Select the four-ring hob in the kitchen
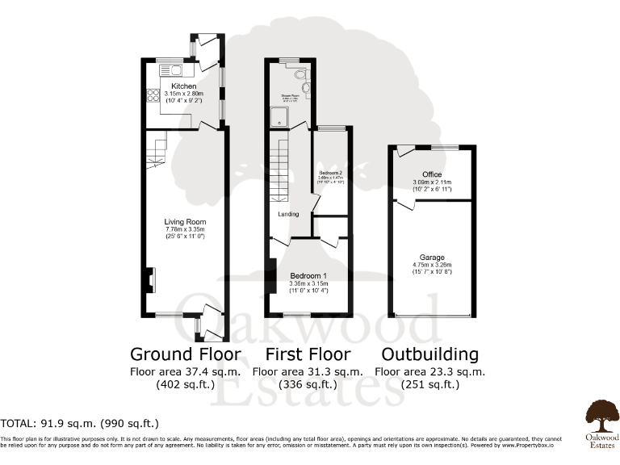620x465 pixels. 152,97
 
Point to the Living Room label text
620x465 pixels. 185,221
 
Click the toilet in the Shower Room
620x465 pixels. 300,77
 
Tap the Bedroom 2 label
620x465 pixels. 330,173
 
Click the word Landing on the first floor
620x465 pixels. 288,214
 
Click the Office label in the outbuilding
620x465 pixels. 432,174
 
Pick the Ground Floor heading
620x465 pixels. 186,354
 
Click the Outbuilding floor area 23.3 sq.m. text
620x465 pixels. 430,371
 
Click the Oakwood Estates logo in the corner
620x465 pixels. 599,417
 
